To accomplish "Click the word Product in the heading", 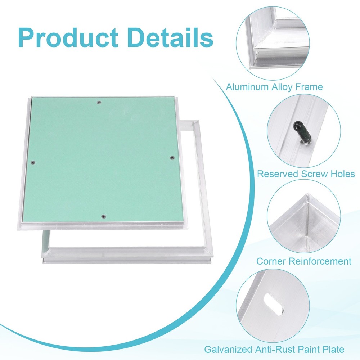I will point(68,37).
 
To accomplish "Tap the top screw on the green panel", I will point(100,103).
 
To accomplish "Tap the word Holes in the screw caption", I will point(341,175).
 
